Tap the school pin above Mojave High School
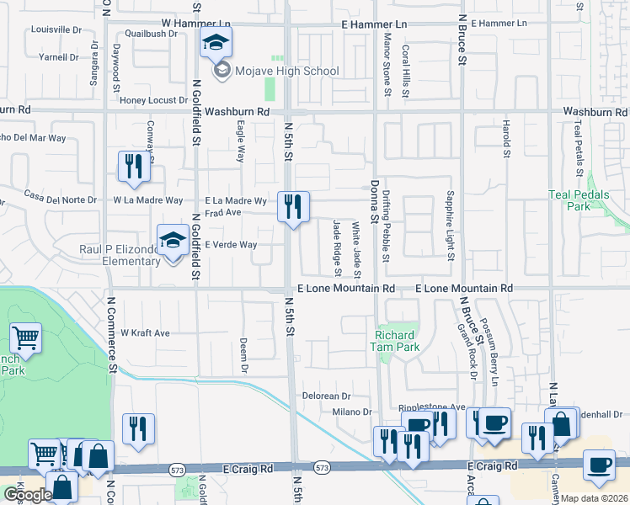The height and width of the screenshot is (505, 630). pyautogui.click(x=216, y=42)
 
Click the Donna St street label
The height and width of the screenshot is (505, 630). pyautogui.click(x=374, y=195)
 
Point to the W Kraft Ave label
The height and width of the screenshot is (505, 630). pyautogui.click(x=146, y=333)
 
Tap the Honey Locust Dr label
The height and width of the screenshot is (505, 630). pyautogui.click(x=153, y=100)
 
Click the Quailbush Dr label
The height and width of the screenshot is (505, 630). pyautogui.click(x=152, y=35)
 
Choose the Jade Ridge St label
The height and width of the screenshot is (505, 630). pyautogui.click(x=337, y=247)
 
